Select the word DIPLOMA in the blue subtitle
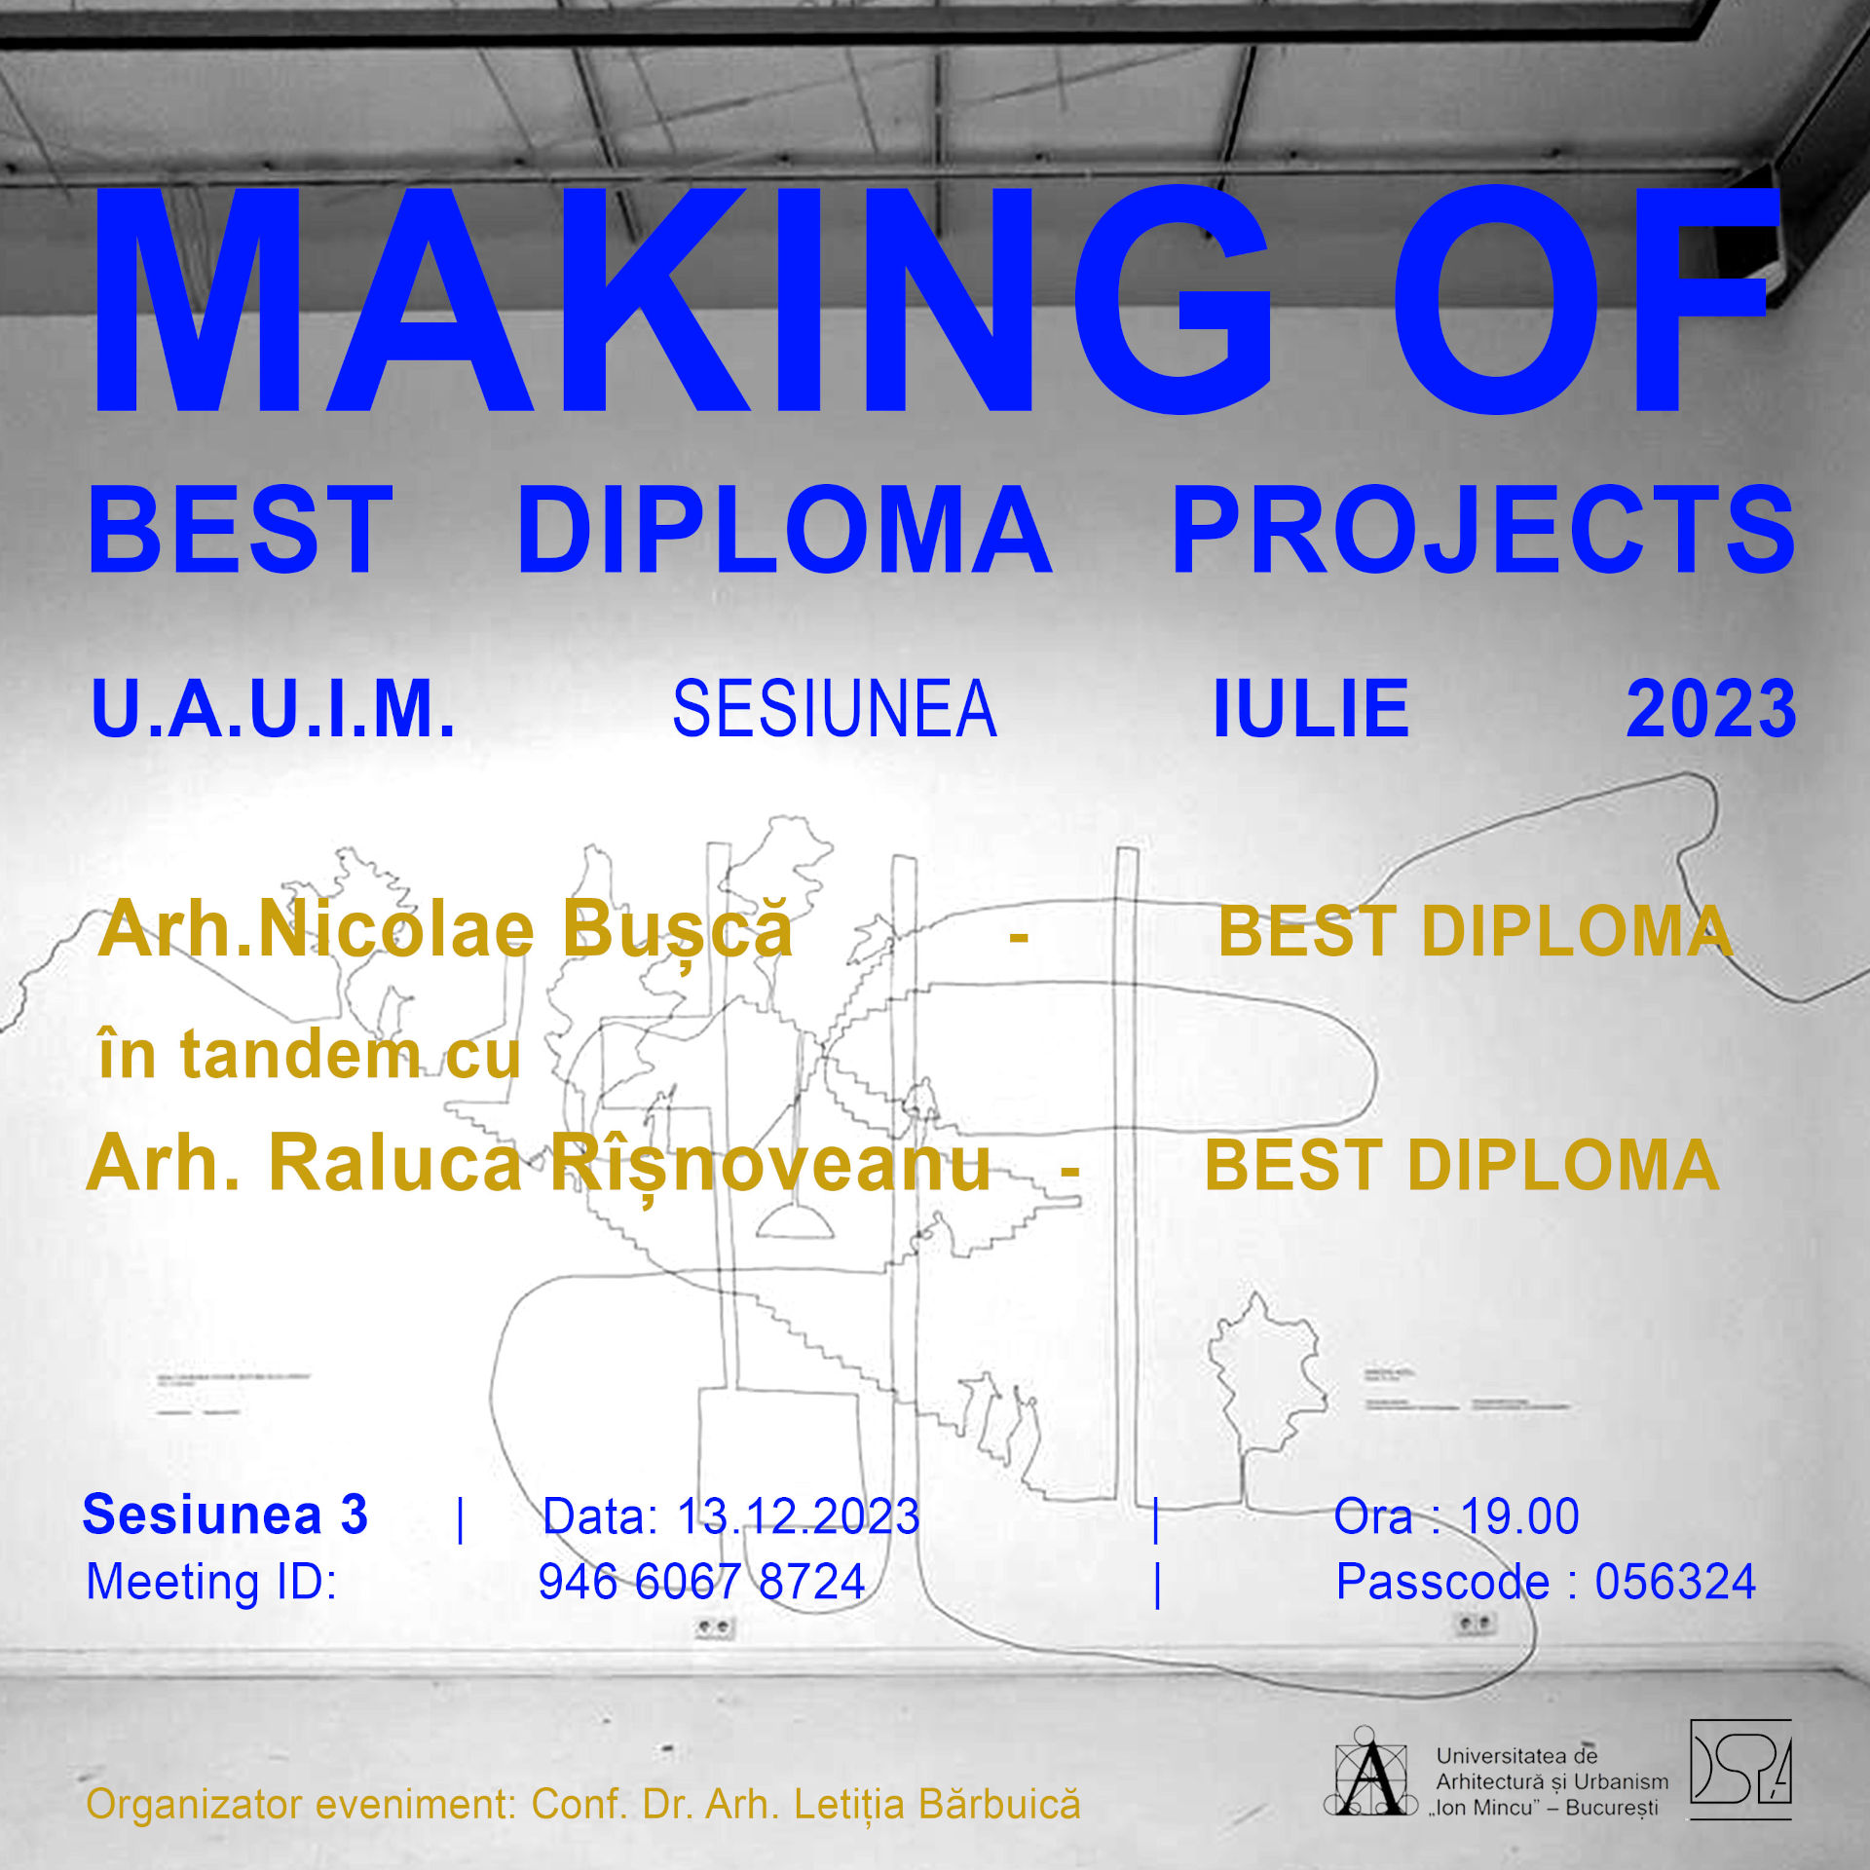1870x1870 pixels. click(784, 530)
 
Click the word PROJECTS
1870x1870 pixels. click(1483, 530)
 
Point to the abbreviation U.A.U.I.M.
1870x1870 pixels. click(273, 708)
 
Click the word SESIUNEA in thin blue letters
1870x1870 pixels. click(835, 709)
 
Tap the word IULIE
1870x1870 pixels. click(1311, 708)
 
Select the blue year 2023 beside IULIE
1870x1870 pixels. click(1711, 708)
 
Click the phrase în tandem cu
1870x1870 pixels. click(310, 1054)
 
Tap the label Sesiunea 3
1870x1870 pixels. click(225, 1515)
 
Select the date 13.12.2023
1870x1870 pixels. click(798, 1516)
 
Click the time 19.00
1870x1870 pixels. click(1519, 1516)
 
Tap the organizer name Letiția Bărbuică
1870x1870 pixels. click(937, 1805)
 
